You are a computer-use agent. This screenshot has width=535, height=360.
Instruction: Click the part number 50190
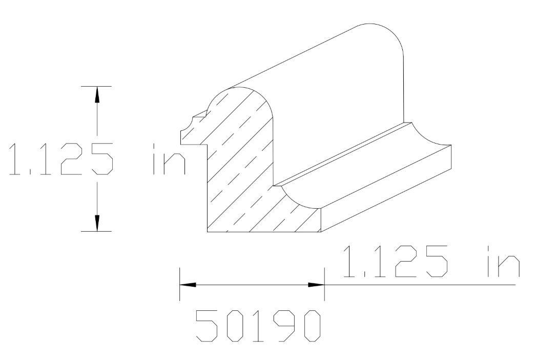coord(260,326)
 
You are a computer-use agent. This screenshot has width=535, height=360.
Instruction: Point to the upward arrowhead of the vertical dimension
coord(96,94)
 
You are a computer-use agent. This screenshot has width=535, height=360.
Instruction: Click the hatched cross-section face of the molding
coord(241,169)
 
